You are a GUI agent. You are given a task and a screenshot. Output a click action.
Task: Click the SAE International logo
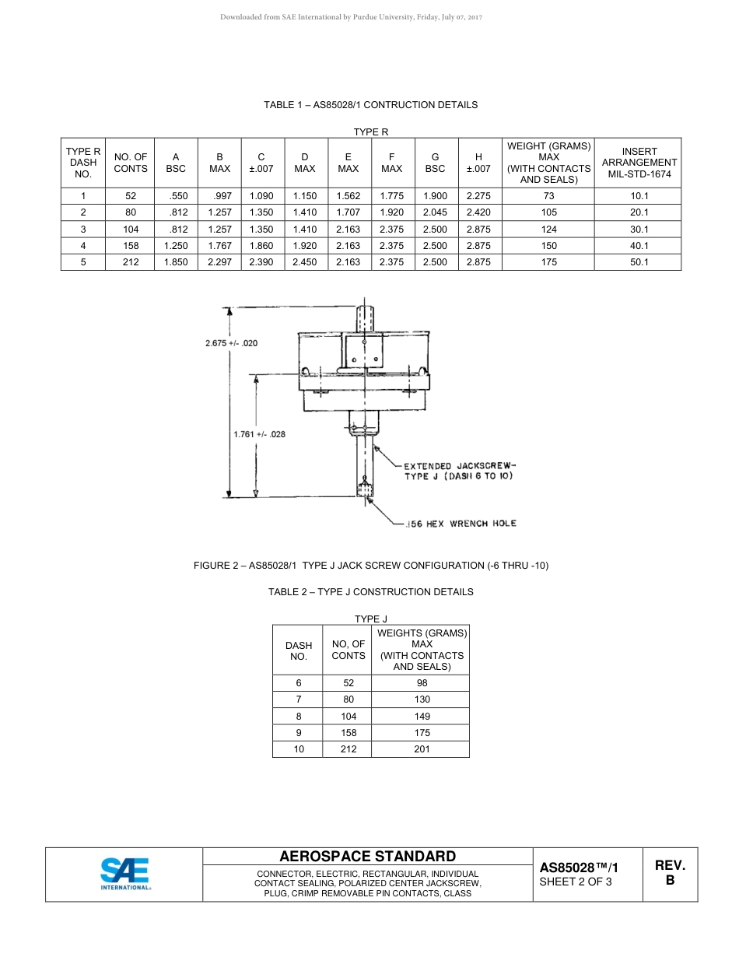pos(125,873)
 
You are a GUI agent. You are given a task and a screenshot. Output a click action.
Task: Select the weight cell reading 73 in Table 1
pos(548,196)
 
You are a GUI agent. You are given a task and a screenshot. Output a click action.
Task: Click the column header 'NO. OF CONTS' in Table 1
pos(131,163)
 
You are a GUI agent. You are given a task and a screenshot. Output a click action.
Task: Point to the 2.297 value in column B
pos(220,262)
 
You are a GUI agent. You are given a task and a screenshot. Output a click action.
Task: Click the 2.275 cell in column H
pos(478,196)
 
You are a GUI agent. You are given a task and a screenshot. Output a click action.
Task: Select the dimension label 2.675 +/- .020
pos(231,343)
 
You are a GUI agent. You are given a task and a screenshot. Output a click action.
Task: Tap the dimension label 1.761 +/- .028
pos(259,433)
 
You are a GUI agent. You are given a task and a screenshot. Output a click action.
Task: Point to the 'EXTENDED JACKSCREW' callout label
pos(459,466)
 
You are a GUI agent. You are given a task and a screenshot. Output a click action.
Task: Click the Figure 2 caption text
pos(370,566)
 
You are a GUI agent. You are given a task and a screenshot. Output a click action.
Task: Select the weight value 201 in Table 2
pos(422,749)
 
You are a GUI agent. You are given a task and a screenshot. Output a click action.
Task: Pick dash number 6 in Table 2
pos(298,683)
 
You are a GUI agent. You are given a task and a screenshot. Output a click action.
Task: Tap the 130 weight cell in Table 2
pos(422,699)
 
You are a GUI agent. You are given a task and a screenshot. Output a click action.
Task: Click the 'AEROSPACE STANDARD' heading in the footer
pos(368,857)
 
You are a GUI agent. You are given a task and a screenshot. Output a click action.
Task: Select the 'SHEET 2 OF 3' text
pos(576,882)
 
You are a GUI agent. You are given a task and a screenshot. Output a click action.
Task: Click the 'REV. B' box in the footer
pos(669,873)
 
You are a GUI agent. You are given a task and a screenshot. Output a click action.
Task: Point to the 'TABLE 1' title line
pos(370,105)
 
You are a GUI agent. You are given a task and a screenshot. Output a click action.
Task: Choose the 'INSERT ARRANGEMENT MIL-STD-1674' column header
pos(639,163)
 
